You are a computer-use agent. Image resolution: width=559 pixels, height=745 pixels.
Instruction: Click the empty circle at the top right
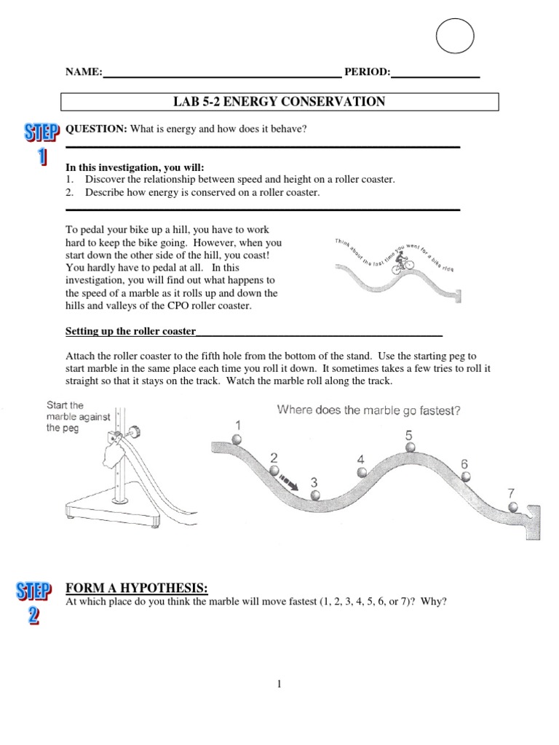pos(454,36)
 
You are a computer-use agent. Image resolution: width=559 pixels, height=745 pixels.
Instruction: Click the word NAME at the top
pos(83,72)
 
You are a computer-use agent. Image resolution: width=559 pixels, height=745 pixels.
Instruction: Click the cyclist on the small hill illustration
pos(400,266)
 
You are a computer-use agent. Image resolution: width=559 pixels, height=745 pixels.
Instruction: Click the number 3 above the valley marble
pos(314,482)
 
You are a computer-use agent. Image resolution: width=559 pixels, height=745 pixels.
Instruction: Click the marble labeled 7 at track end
pos(514,506)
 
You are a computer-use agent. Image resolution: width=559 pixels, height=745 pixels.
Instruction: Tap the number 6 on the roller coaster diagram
pos(464,463)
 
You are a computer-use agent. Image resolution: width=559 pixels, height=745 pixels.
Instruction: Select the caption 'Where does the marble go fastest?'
pos(369,410)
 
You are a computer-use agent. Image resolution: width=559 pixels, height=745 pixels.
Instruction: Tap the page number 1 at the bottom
pos(279,684)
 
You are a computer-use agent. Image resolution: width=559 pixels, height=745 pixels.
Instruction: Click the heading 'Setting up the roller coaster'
pos(131,332)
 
